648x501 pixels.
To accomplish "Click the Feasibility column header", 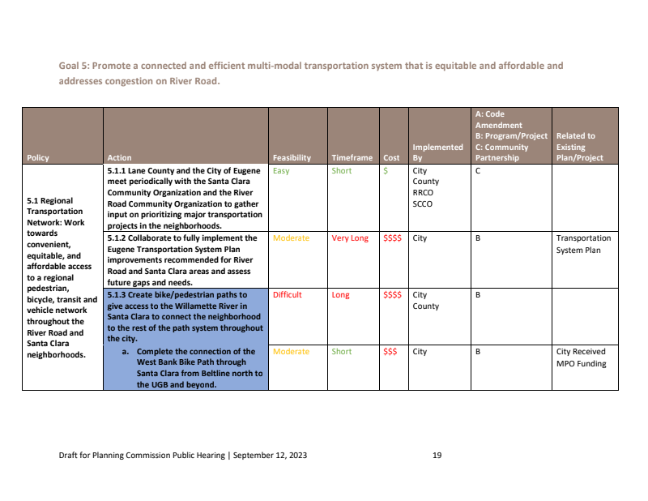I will click(x=292, y=157).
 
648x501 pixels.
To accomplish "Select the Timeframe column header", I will click(x=352, y=157).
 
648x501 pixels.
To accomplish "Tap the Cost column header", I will click(x=391, y=157).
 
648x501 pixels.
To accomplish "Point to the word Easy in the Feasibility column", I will click(x=281, y=171).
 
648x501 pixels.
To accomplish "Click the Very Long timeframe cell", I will click(x=350, y=238).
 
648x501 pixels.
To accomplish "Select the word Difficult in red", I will click(x=288, y=295).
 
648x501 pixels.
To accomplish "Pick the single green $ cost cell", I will click(x=386, y=171).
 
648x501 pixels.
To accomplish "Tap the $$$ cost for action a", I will click(x=390, y=352).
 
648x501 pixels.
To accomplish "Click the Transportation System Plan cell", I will click(x=583, y=244).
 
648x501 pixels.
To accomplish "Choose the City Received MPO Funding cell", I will click(x=582, y=358).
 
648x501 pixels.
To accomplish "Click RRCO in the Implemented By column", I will click(x=423, y=193).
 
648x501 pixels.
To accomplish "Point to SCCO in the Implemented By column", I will click(x=423, y=204).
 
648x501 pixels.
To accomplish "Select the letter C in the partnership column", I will click(x=478, y=171).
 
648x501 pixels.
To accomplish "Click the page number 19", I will click(x=437, y=456).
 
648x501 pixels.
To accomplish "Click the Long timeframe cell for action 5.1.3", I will click(x=340, y=295).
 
